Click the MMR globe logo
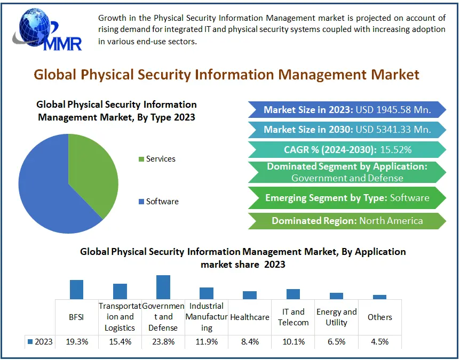[45, 29]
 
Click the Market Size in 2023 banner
[346, 110]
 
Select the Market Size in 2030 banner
[346, 130]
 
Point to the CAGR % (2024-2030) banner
[346, 149]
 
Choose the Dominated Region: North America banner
[346, 221]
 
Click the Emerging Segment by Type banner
[346, 198]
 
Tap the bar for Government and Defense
[163, 287]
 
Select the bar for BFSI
[77, 290]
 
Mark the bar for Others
[379, 297]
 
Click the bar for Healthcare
[250, 295]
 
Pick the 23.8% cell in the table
[163, 342]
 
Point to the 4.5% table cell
[379, 342]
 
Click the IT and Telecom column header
[293, 317]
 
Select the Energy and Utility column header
[336, 317]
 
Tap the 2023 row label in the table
[40, 342]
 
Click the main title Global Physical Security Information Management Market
[227, 75]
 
